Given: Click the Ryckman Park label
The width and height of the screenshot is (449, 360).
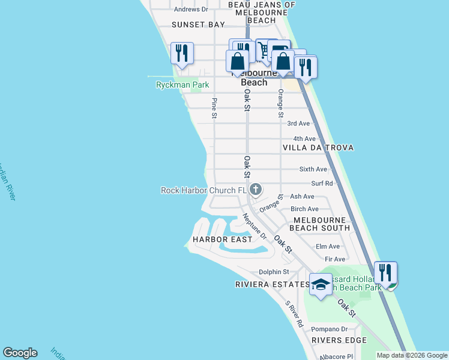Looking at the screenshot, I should point(182,85).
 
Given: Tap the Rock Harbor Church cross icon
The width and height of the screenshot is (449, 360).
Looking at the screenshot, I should point(256,190).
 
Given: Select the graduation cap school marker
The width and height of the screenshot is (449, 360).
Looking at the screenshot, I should point(321,284).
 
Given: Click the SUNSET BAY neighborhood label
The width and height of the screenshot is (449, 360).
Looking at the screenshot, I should point(198,25).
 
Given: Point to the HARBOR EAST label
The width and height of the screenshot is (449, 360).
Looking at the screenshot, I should point(222,239).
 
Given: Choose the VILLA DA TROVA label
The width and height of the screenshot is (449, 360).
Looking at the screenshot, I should point(318,148).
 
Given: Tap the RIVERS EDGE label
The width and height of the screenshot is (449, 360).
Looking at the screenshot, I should point(339,341).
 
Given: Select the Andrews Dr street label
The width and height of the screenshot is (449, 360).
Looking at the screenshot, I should point(190,10).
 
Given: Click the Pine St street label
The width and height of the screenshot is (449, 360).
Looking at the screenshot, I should point(214,108).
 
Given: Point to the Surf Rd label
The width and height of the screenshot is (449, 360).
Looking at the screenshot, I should point(322,184).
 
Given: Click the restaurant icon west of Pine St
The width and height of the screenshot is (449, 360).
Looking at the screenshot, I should point(182,53).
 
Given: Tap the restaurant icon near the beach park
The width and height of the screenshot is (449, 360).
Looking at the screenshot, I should point(385,272).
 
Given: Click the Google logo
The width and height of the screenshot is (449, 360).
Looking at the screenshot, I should point(20,353).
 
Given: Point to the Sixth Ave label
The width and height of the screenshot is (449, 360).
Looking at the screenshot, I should point(313,170).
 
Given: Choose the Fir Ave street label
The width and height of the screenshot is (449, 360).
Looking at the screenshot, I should point(335,259).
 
